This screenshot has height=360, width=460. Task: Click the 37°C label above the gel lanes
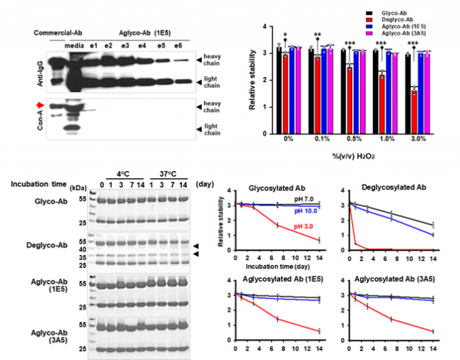pyautogui.click(x=166, y=173)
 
